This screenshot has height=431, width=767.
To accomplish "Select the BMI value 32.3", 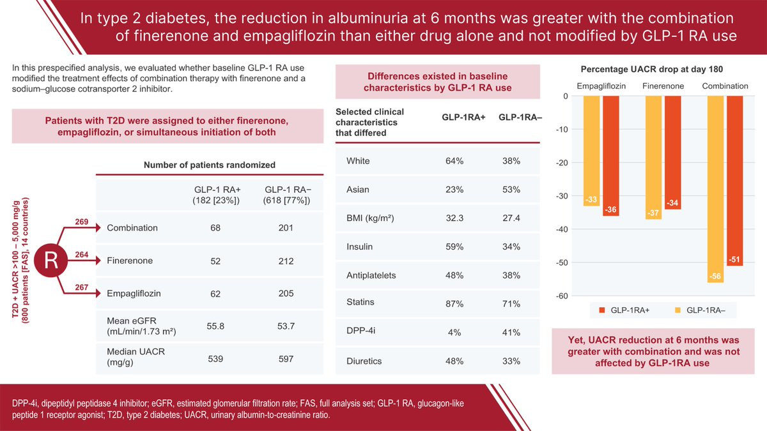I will pos(454,218).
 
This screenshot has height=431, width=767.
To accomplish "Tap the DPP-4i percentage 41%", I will pos(511,332).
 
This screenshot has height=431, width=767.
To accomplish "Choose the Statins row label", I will pos(360,302).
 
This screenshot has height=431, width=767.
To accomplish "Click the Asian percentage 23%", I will pos(454,190).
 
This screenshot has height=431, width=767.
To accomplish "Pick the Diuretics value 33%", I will pos(511,361).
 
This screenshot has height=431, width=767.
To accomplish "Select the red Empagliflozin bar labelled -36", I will pos(610,156).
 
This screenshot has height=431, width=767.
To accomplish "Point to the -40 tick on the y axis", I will pos(562,229).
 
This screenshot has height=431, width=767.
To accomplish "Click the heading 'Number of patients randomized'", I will pos(209,165).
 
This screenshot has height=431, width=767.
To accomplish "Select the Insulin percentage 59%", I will pos(454,246).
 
